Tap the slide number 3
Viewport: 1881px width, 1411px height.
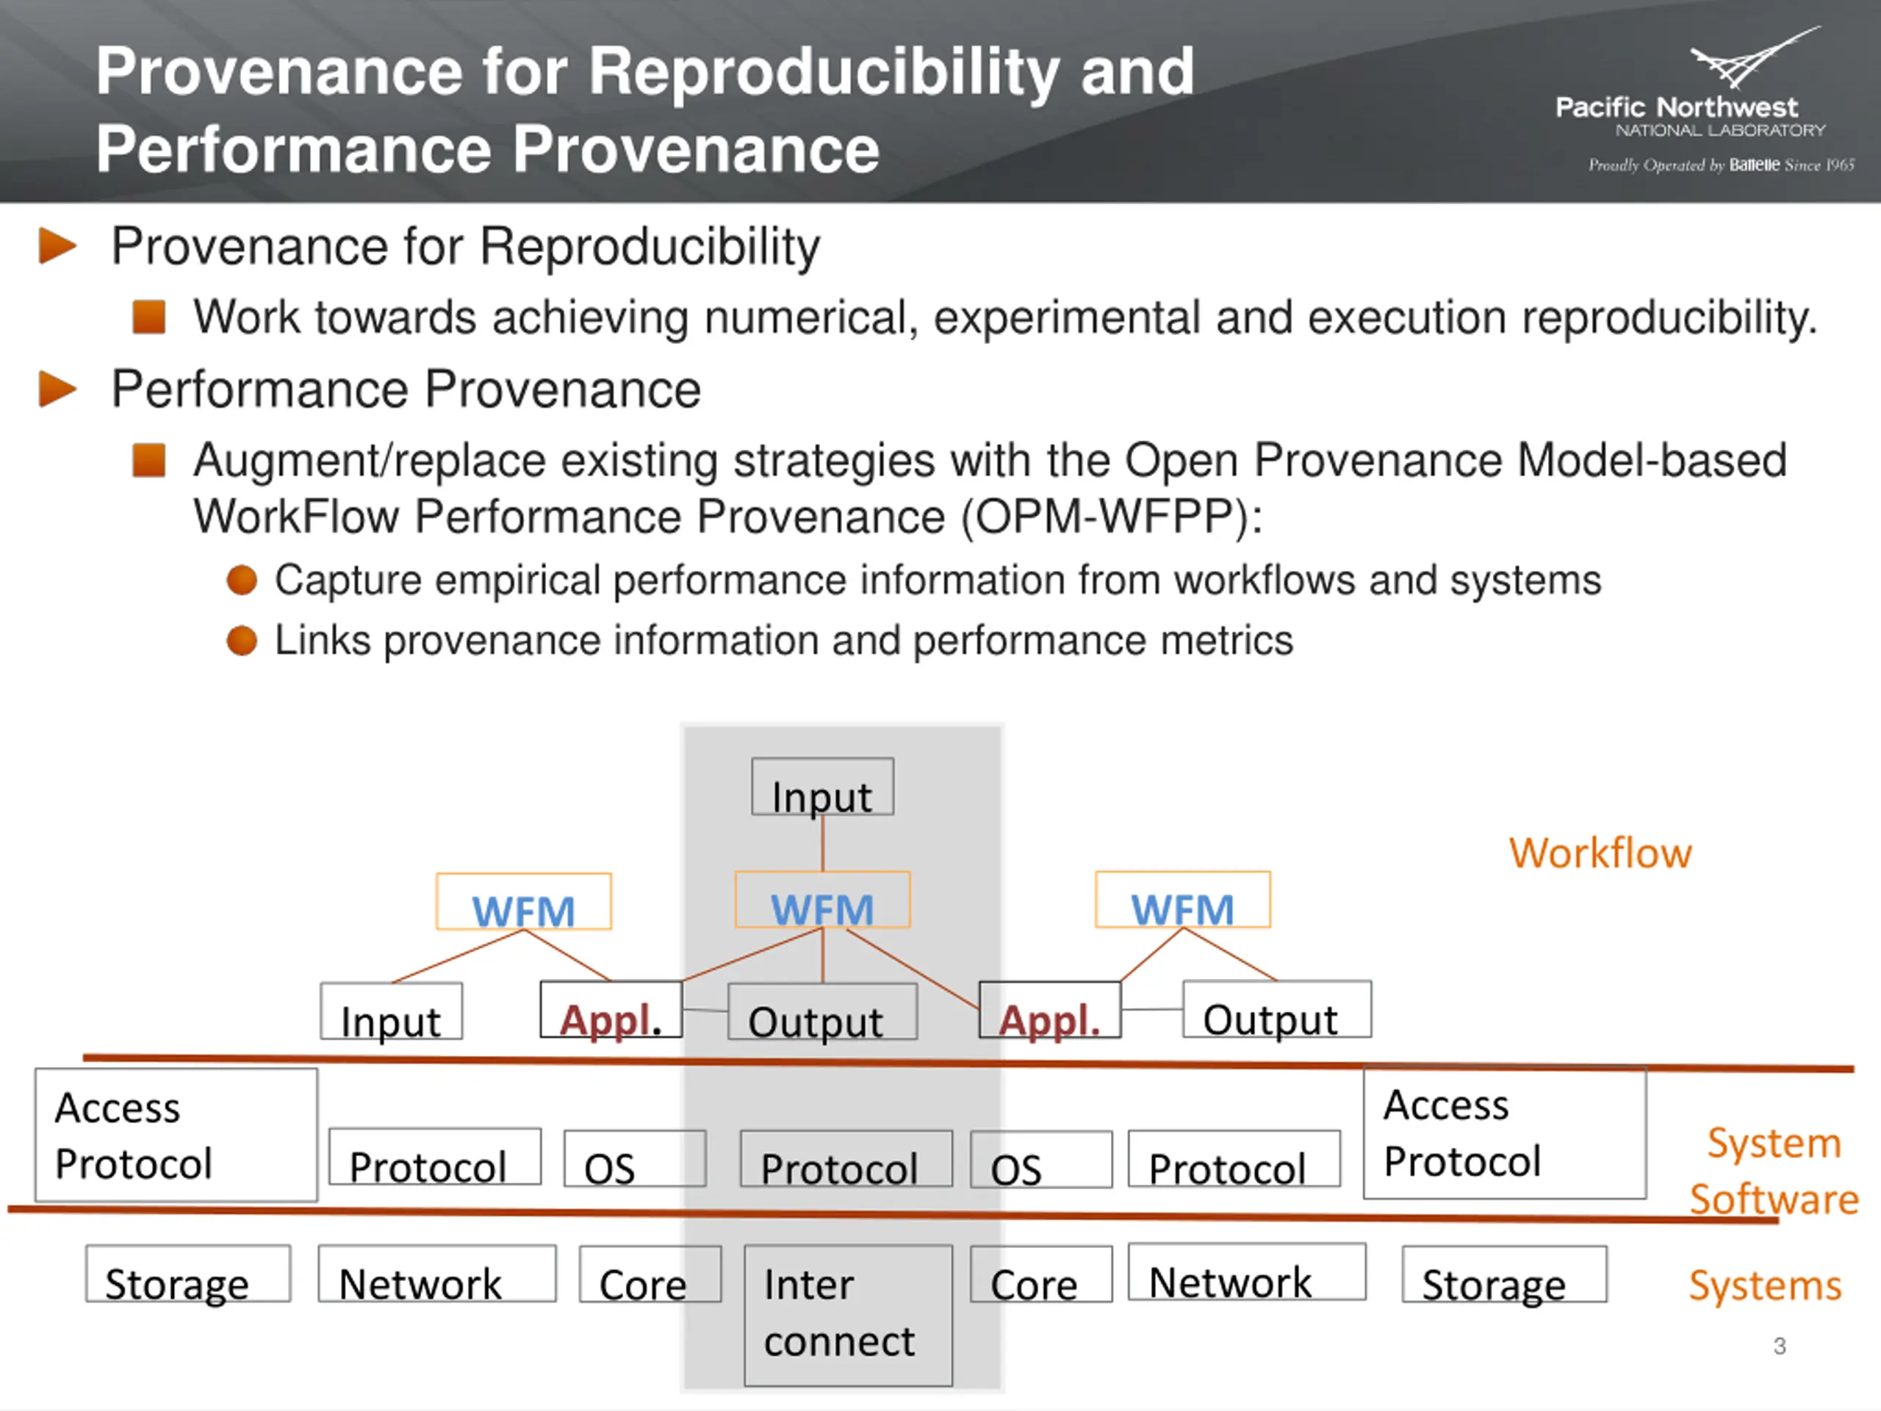(x=1780, y=1346)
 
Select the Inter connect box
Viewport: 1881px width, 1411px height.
(x=848, y=1315)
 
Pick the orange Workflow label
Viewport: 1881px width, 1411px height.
(x=1600, y=853)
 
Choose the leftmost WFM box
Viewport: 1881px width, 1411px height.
(x=524, y=902)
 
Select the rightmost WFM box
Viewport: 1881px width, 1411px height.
(x=1183, y=900)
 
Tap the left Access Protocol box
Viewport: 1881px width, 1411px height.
(x=176, y=1135)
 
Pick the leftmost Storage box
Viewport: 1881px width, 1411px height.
(x=188, y=1274)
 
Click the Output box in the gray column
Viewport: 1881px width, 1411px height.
(x=822, y=1012)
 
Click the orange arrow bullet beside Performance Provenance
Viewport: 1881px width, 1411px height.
(x=58, y=389)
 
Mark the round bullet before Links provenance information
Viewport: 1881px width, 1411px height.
(x=242, y=640)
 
